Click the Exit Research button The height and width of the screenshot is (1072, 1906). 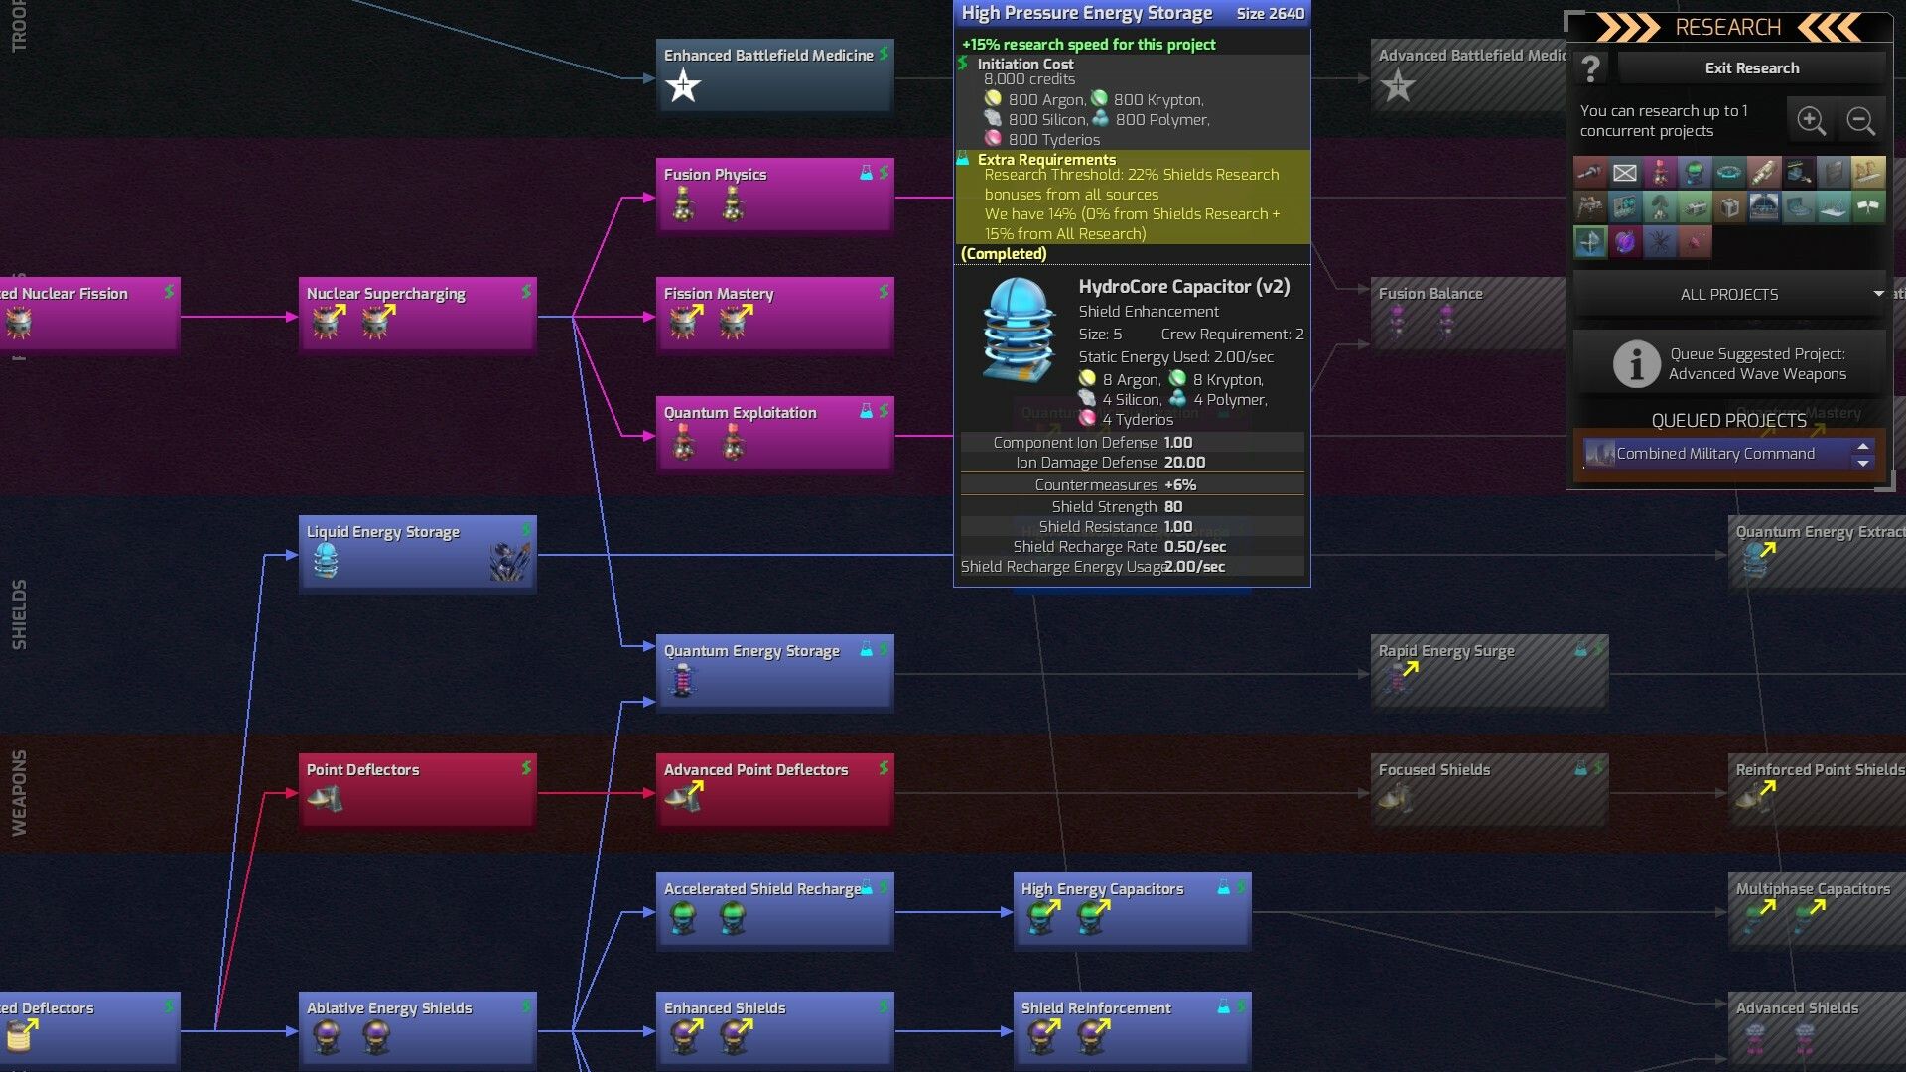1751,68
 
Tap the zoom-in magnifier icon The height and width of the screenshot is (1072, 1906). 1811,121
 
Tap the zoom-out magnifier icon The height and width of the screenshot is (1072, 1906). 1860,121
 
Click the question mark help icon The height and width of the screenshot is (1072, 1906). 1590,68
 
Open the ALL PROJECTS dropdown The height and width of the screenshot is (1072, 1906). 1729,295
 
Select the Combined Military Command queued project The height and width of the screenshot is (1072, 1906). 1715,454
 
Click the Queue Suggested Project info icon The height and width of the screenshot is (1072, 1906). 1636,363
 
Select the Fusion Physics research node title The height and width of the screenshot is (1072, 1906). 715,175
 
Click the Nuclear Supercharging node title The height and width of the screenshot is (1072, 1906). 385,294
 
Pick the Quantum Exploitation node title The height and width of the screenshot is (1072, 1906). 740,413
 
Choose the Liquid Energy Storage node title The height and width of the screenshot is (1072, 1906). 382,532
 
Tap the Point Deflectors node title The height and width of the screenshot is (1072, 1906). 362,770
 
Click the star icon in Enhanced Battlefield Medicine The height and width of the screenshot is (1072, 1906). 683,86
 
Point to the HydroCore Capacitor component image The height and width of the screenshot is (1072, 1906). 1018,330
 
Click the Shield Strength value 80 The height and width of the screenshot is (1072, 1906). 1173,507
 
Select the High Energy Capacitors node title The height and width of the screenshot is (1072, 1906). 1102,889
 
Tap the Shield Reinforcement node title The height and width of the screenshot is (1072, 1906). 1096,1008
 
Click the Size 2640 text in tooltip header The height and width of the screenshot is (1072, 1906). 1270,14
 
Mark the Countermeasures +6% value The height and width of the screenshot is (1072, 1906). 1180,485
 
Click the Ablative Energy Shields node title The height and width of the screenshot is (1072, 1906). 389,1008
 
